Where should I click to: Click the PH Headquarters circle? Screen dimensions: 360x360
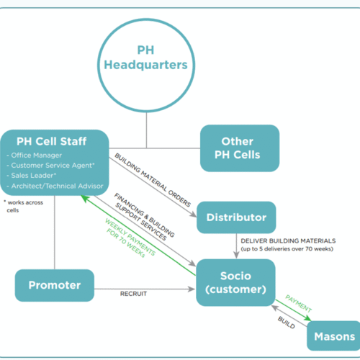pyautogui.click(x=146, y=20)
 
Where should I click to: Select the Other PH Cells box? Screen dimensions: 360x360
pyautogui.click(x=240, y=148)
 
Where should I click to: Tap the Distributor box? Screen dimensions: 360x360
pyautogui.click(x=236, y=217)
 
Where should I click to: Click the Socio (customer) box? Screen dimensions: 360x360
pyautogui.click(x=235, y=282)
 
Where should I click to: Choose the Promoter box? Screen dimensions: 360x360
pyautogui.click(x=55, y=285)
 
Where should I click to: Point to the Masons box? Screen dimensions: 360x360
pyautogui.click(x=333, y=336)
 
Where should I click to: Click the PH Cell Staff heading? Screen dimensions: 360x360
pyautogui.click(x=51, y=141)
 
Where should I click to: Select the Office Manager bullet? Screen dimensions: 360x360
pyautogui.click(x=34, y=156)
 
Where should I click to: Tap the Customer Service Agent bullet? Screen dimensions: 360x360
pyautogui.click(x=50, y=166)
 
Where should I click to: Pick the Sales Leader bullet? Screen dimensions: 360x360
pyautogui.click(x=31, y=176)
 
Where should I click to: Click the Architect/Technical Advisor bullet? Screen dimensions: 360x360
pyautogui.click(x=55, y=186)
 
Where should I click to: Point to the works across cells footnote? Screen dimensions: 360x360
pyautogui.click(x=23, y=206)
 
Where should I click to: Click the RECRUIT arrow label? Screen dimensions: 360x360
pyautogui.click(x=133, y=294)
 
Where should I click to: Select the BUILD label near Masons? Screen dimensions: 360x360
pyautogui.click(x=287, y=323)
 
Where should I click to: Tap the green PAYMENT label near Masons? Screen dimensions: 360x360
pyautogui.click(x=299, y=303)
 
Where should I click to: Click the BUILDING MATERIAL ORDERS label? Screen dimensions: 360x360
pyautogui.click(x=153, y=180)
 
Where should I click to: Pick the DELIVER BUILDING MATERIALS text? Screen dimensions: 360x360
pyautogui.click(x=288, y=240)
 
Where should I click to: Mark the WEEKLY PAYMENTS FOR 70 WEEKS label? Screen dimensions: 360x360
pyautogui.click(x=130, y=238)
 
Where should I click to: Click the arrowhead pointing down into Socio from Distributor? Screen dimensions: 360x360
pyautogui.click(x=236, y=255)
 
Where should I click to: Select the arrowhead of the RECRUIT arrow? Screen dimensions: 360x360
pyautogui.click(x=192, y=289)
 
